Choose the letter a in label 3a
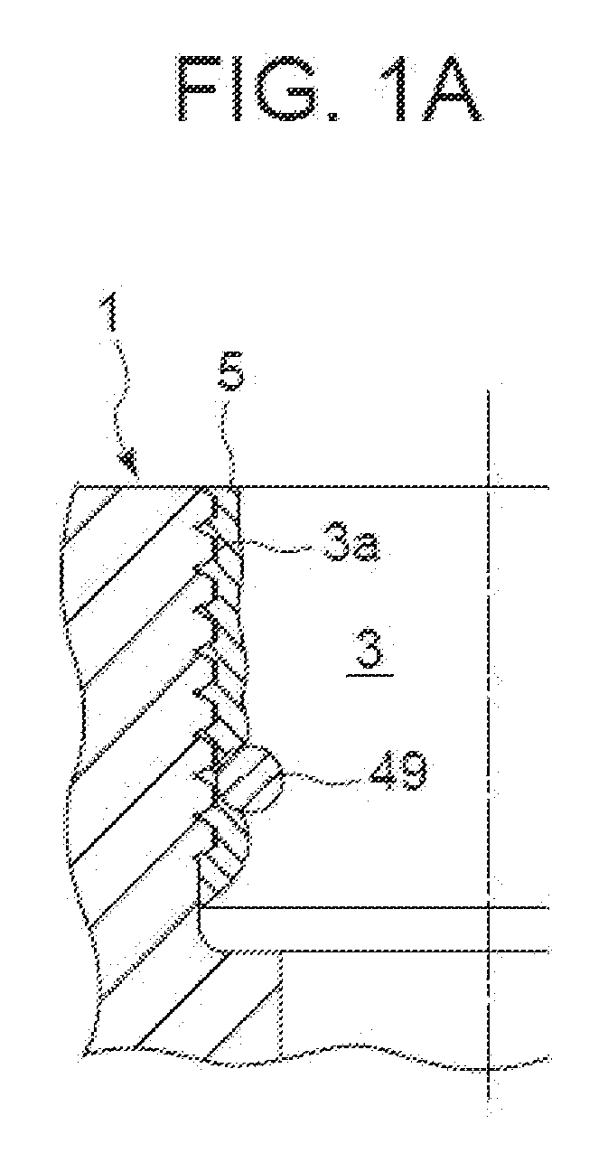pos(365,548)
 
